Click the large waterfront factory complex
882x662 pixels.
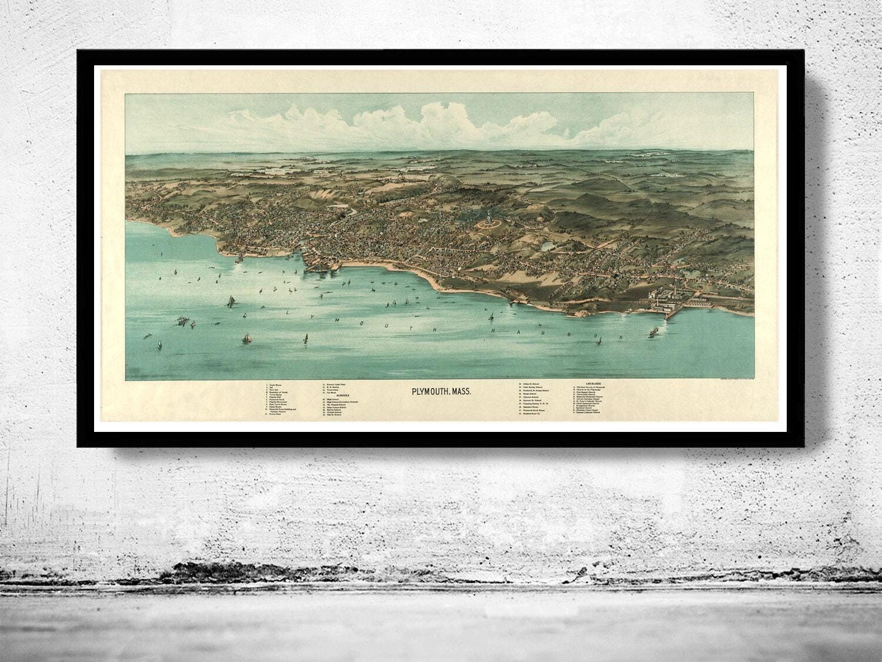coord(664,297)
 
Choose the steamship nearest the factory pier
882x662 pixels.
coord(652,331)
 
